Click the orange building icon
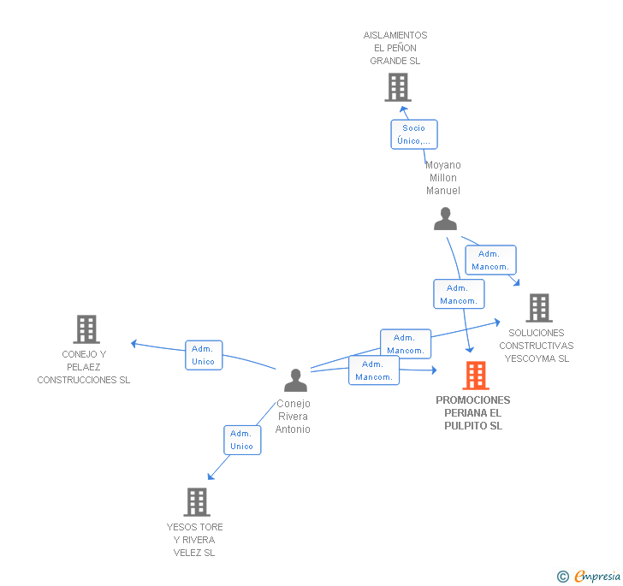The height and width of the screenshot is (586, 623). tap(476, 376)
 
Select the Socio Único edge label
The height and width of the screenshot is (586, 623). tap(414, 134)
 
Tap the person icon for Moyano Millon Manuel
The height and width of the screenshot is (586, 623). tap(445, 218)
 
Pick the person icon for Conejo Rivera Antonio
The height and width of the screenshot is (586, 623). tap(295, 380)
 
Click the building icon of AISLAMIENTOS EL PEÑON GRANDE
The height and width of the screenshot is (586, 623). tap(398, 87)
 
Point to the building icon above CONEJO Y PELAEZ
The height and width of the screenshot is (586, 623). tap(86, 329)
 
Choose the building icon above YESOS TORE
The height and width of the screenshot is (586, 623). tap(197, 502)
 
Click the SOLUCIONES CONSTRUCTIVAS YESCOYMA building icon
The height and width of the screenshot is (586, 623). tap(539, 308)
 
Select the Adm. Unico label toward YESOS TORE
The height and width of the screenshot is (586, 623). tap(242, 440)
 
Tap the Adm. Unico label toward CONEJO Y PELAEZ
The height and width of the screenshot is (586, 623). tap(204, 355)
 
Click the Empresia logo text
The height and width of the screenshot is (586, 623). tap(597, 576)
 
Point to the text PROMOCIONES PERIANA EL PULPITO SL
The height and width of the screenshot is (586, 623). tap(472, 413)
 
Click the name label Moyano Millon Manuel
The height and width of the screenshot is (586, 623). tap(443, 178)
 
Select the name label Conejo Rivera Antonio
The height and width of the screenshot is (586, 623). tap(293, 417)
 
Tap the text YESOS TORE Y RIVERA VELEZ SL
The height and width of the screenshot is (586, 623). tap(195, 540)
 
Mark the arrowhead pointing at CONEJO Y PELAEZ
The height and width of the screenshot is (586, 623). tap(133, 344)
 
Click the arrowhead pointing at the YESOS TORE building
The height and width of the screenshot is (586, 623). tap(211, 476)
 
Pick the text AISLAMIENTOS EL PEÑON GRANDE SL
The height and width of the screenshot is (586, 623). tap(395, 48)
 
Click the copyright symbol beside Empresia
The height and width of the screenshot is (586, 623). tap(563, 576)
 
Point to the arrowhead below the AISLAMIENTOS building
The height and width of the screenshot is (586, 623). tap(404, 110)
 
